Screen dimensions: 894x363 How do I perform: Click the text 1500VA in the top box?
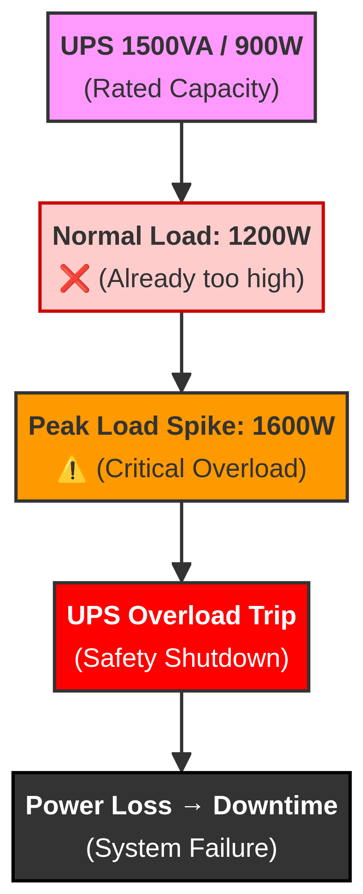coord(167,46)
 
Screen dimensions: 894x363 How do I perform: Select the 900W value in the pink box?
coord(269,46)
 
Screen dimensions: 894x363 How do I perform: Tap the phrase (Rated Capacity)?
coord(181,89)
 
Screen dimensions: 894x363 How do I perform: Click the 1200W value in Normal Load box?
coord(269,236)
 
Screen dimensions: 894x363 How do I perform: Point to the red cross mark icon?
coord(74,278)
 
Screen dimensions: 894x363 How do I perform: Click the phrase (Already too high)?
coord(202,279)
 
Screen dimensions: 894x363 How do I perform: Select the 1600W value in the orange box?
coord(294,426)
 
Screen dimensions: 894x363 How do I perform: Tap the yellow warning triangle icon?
coord(72,469)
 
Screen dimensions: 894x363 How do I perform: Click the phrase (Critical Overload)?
coord(202,468)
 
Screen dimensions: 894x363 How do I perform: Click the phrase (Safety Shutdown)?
coord(181,658)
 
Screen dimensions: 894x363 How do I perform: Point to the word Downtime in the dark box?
coord(275,805)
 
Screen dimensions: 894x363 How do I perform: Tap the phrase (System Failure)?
coord(181,848)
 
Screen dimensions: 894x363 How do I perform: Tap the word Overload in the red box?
coord(184,615)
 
